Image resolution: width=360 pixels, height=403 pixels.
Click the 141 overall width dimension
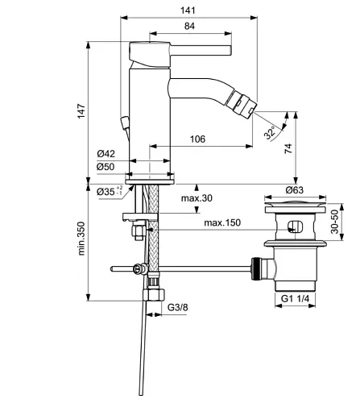point(188,10)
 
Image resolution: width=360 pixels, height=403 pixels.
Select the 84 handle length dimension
point(189,26)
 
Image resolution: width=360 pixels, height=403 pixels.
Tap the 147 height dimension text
point(81,110)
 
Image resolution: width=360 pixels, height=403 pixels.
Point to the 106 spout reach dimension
point(197,139)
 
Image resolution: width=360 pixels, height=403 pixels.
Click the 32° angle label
point(270,132)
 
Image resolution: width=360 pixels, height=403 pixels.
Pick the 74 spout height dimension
point(288,148)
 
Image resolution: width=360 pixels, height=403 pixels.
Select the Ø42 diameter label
point(106,154)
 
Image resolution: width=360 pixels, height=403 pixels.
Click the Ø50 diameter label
point(106,167)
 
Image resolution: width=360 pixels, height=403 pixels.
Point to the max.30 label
point(197,198)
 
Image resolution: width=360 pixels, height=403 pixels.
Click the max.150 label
point(222,222)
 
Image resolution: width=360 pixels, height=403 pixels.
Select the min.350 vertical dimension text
point(81,239)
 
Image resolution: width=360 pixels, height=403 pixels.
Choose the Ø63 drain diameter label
point(295,190)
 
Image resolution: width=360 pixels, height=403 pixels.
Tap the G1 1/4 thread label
point(295,298)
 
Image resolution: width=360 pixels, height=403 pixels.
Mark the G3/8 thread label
point(177,307)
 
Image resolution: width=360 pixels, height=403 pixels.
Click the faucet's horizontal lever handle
point(201,51)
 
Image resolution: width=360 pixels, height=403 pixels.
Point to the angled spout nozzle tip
point(242,104)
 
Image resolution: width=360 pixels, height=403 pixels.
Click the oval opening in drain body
point(295,226)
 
